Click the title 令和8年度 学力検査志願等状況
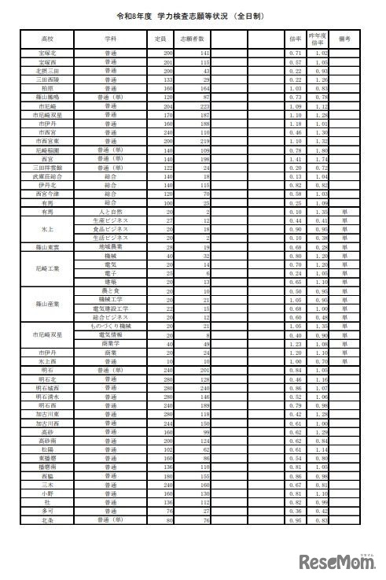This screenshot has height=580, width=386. tap(192, 13)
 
